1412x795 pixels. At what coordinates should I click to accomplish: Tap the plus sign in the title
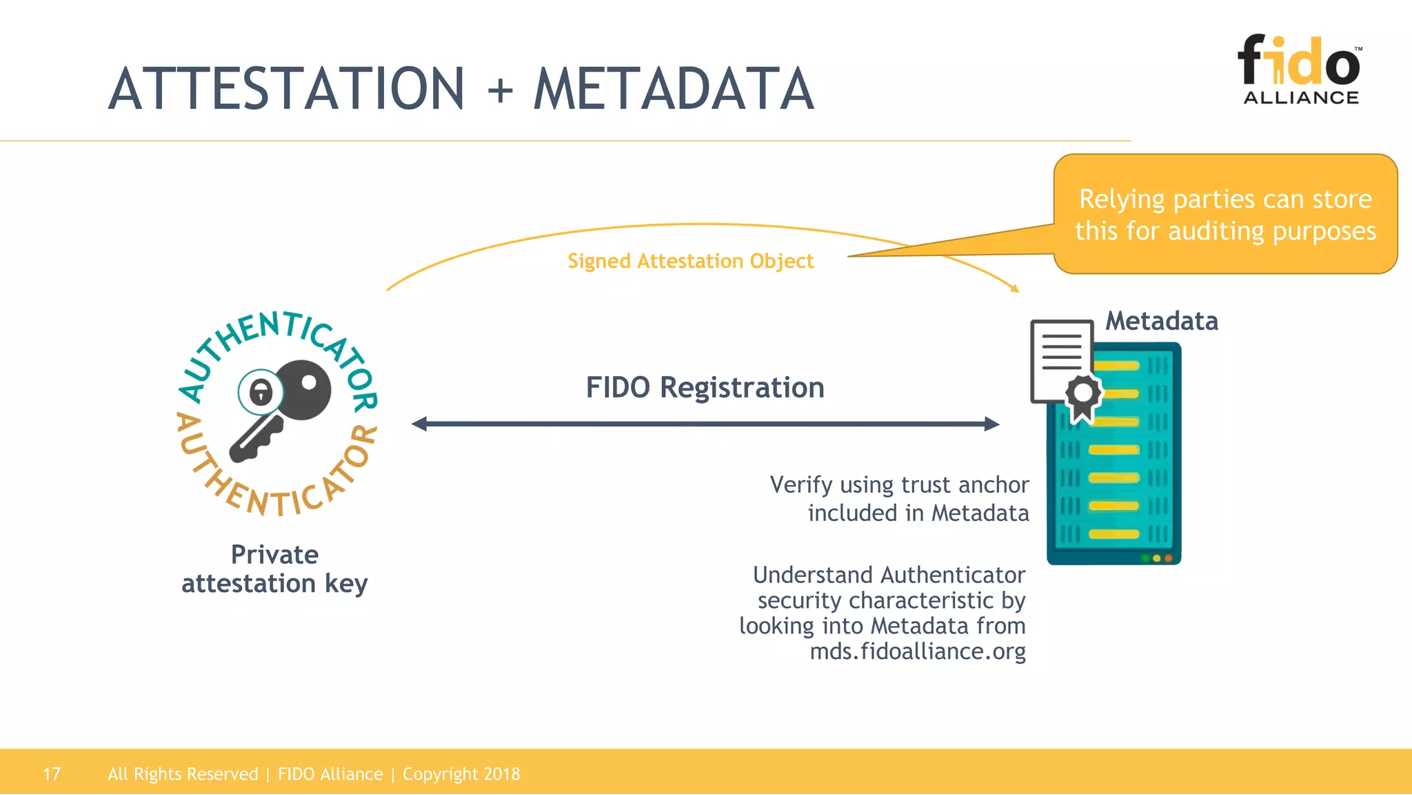tap(501, 90)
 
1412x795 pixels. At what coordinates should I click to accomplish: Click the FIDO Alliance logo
tap(1300, 69)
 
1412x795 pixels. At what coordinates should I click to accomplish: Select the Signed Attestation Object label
tap(690, 261)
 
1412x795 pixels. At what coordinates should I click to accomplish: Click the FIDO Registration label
tap(705, 387)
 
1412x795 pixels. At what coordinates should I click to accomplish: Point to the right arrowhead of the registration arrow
tap(992, 424)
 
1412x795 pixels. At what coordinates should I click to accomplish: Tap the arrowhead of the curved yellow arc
tap(1015, 288)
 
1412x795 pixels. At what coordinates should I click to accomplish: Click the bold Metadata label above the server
tap(1162, 321)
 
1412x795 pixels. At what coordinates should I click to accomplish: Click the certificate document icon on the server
tap(1060, 359)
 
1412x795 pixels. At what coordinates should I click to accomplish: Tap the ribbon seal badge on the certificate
tap(1083, 396)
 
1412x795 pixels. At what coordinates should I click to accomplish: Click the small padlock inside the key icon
tap(261, 393)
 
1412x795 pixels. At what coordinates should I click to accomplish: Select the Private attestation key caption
tap(274, 569)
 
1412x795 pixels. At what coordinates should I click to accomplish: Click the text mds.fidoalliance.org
tap(917, 651)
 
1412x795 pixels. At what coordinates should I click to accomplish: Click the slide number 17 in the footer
tap(52, 774)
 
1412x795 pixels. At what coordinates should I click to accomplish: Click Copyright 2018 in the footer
tap(461, 774)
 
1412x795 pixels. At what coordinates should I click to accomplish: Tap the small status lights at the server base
tap(1157, 558)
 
